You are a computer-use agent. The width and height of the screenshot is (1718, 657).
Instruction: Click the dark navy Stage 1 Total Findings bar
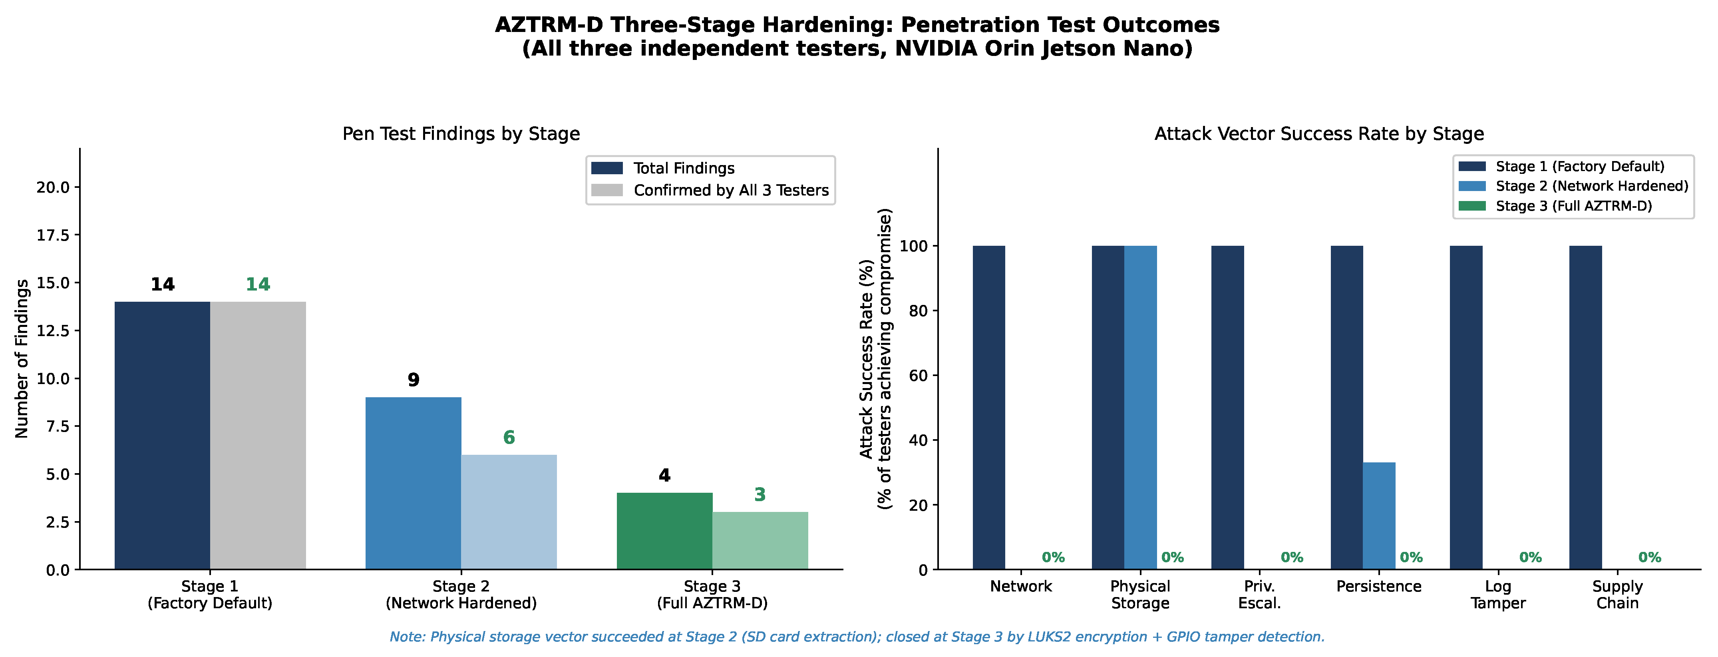coord(162,436)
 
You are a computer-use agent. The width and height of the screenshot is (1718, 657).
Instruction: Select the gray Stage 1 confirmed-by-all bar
coord(258,436)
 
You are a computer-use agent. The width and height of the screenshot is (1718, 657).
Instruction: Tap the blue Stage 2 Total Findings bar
coord(414,484)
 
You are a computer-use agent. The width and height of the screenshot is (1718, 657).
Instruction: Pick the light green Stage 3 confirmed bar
coord(760,541)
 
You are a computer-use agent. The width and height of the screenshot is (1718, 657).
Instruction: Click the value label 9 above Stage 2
coord(414,380)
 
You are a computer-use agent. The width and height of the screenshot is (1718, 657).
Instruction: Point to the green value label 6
coord(509,438)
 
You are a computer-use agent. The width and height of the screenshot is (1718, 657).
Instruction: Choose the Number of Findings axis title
coord(22,359)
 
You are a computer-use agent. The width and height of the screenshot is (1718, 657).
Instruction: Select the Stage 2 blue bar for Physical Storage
coord(1140,408)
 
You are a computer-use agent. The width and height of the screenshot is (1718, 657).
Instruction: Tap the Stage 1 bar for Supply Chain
coord(1585,408)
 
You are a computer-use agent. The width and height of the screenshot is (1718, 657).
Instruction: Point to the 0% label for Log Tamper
coord(1531,557)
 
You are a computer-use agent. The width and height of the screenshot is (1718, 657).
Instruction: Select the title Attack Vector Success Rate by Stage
coord(1319,134)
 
